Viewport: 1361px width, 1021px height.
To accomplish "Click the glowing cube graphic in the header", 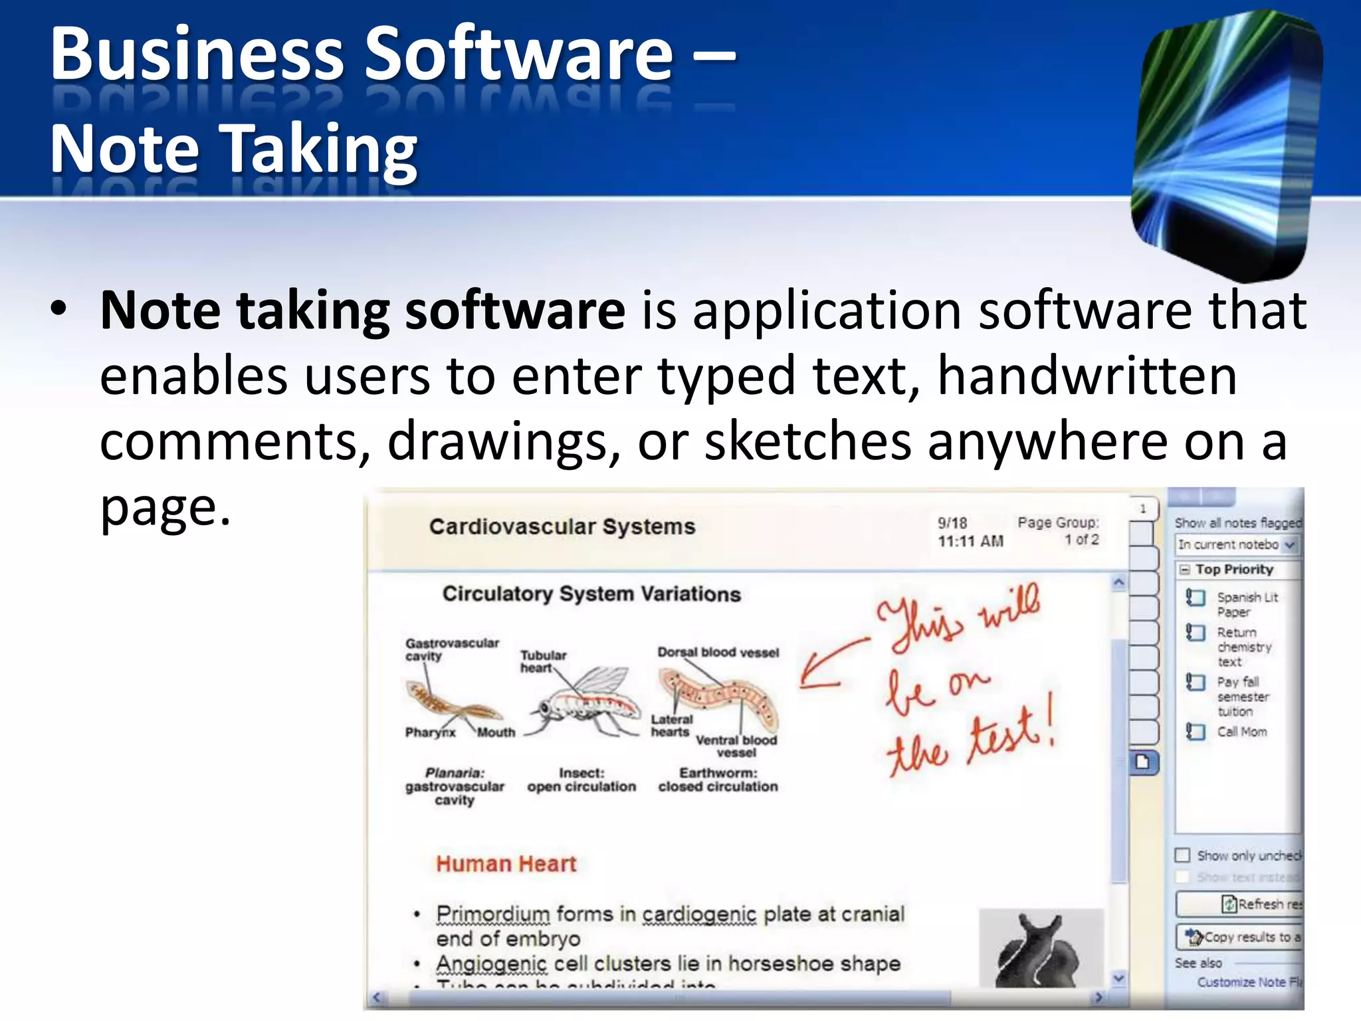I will coord(1226,143).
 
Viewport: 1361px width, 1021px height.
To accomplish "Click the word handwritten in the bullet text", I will coord(1087,376).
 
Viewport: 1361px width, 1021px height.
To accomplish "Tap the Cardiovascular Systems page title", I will coord(562,526).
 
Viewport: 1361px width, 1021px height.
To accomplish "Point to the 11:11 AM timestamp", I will coord(970,541).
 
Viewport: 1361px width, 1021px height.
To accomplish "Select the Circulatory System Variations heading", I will coord(591,594).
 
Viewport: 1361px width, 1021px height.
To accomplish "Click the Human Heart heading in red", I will coord(506,863).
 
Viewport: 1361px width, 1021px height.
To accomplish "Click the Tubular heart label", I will coord(542,661).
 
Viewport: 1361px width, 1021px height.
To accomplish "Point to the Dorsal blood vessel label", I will coord(718,652).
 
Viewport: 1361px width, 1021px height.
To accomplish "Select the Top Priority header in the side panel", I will coord(1234,570).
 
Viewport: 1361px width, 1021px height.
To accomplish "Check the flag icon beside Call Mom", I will coord(1195,732).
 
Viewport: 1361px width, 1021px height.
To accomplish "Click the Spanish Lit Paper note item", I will coord(1246,604).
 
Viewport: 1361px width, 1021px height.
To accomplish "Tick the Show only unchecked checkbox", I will coord(1183,855).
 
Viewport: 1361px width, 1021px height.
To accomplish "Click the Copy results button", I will coord(1240,937).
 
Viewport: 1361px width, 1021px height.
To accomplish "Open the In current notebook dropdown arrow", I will coord(1290,545).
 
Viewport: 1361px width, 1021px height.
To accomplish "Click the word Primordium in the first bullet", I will coord(493,915).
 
